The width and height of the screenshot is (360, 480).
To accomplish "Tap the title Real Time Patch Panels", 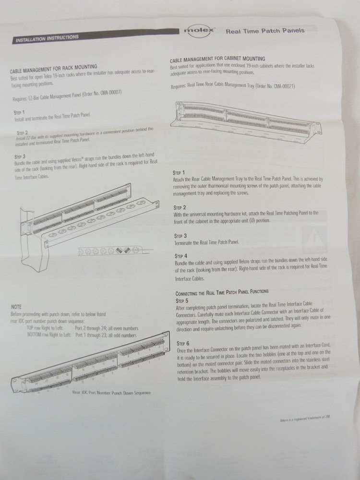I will (264, 31).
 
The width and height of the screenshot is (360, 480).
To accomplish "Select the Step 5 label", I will (183, 300).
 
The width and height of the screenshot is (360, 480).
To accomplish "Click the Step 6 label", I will (183, 344).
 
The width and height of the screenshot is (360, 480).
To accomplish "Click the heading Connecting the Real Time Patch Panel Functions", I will (222, 292).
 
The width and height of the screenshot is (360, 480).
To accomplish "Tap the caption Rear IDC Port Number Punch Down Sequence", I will (111, 393).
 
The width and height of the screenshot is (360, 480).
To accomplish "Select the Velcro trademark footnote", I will (305, 420).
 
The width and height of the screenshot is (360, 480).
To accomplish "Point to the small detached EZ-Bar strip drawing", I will (110, 250).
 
